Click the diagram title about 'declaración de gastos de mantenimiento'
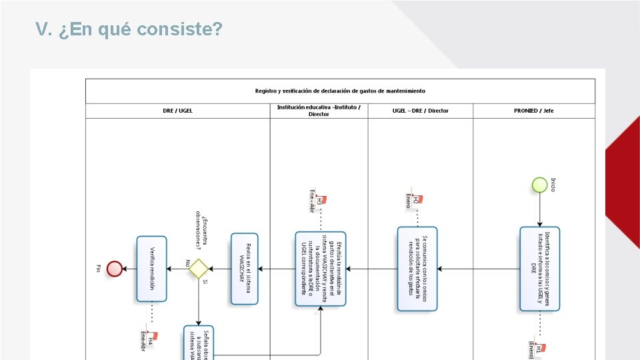coord(340,91)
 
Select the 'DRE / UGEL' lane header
coord(177,111)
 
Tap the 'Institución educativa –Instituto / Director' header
coord(319,111)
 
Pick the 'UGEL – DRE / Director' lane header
coord(420,111)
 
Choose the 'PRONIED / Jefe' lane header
coord(534,111)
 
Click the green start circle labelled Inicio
coord(539,185)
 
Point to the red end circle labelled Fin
coord(115,269)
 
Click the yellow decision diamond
coord(199,269)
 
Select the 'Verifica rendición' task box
coord(151,269)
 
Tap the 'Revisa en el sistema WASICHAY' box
coord(244,269)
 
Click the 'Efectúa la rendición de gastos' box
coord(321,269)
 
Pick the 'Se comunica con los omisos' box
coord(417,269)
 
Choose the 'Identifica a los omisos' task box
coord(539,269)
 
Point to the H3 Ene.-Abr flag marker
coord(321,199)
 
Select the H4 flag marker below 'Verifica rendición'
coord(151,338)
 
